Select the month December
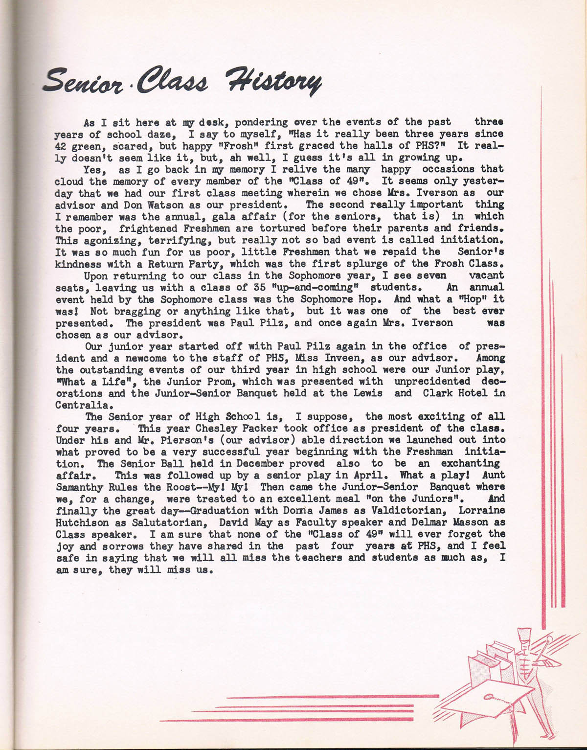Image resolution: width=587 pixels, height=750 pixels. (x=255, y=463)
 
